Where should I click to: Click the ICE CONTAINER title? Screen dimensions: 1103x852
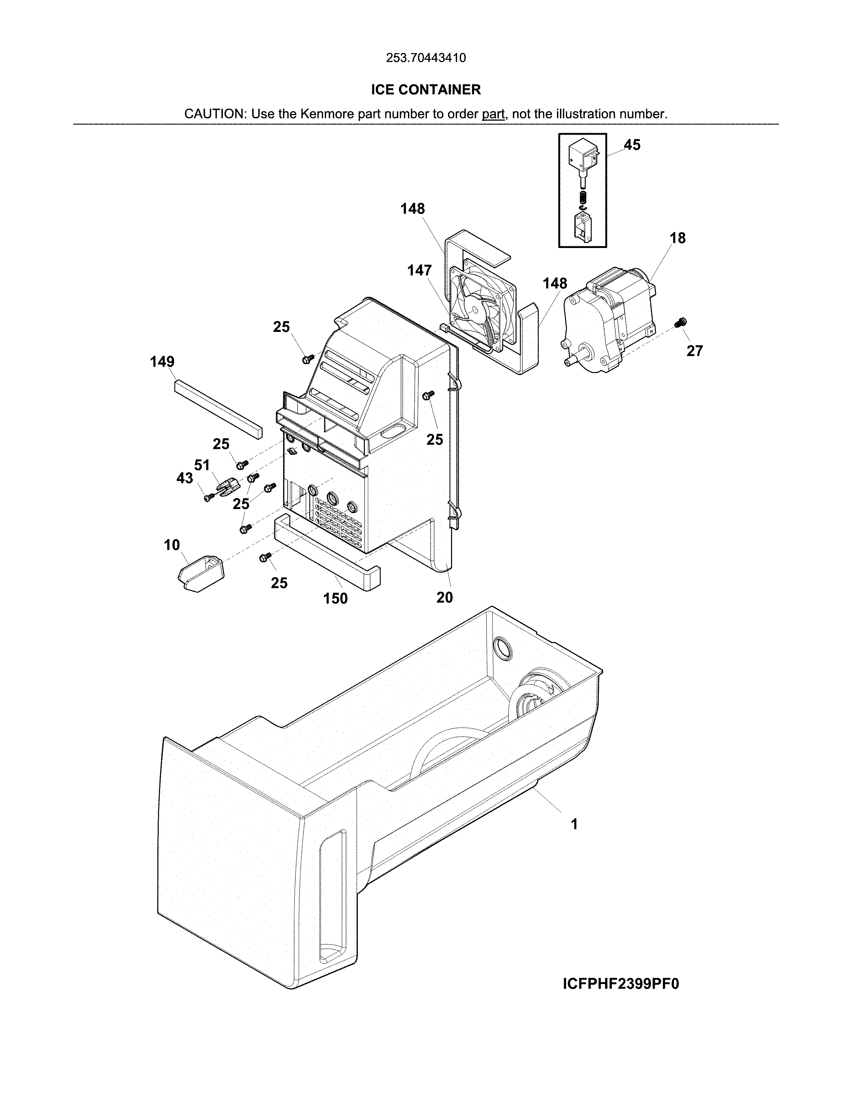coord(425,90)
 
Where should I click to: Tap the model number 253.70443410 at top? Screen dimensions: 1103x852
coord(425,58)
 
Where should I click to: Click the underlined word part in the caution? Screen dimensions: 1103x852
coord(493,114)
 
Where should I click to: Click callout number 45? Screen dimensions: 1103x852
coord(632,145)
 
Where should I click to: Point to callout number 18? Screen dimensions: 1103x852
coord(677,238)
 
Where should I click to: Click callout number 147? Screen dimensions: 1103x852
coord(419,271)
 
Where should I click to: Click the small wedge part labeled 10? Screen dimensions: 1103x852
coord(201,572)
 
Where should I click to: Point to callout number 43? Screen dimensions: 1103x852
coord(185,478)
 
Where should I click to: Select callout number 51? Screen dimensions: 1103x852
coord(202,465)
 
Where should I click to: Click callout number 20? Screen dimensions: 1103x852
coord(445,598)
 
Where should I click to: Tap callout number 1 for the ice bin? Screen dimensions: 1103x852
coord(574,824)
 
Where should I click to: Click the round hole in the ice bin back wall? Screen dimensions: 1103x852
coord(502,648)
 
